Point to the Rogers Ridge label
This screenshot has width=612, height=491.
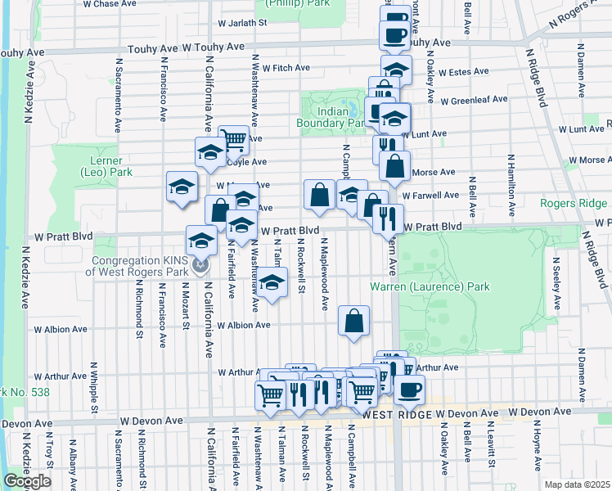(575, 203)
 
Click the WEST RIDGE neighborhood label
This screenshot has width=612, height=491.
(397, 415)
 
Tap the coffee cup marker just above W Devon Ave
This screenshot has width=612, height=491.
(409, 389)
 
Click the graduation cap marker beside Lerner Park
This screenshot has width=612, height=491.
(182, 186)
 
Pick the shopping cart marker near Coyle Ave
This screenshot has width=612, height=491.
(234, 139)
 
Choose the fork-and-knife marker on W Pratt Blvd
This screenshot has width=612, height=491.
(386, 218)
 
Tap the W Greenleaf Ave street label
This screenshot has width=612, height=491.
(474, 101)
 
